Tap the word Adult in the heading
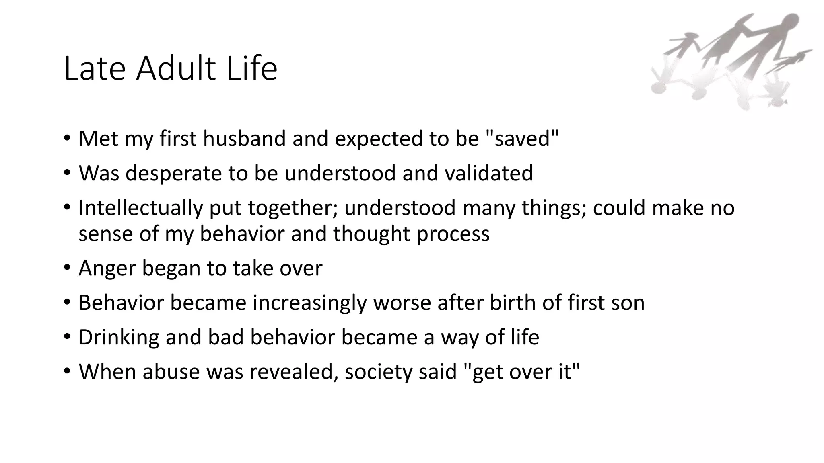[176, 69]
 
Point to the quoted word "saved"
[523, 139]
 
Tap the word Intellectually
[140, 208]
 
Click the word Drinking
[119, 337]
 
